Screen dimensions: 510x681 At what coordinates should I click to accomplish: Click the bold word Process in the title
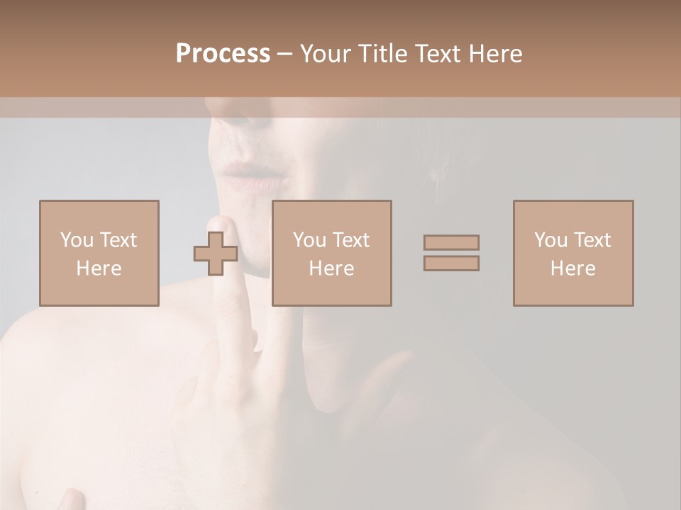(223, 54)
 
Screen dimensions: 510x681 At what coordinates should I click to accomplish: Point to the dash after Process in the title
(284, 55)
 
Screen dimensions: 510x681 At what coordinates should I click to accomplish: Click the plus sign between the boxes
(216, 254)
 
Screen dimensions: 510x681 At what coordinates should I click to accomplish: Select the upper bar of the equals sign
(451, 242)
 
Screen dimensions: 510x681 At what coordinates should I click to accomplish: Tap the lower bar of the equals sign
(451, 263)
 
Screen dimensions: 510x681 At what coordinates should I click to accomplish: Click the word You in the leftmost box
(77, 240)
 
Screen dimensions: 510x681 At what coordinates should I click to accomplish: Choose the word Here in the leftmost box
(99, 268)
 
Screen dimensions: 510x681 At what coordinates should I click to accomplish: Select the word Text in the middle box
(351, 240)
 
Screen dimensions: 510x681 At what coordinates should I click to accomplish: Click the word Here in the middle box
(331, 268)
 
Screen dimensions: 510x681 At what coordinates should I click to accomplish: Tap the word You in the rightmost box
(550, 240)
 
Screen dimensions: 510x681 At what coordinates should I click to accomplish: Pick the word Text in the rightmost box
(592, 240)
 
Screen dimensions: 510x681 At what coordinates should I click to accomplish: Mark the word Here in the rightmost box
(572, 268)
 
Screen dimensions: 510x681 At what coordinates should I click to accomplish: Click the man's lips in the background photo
(253, 177)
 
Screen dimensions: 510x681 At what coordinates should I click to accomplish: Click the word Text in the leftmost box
(118, 240)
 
